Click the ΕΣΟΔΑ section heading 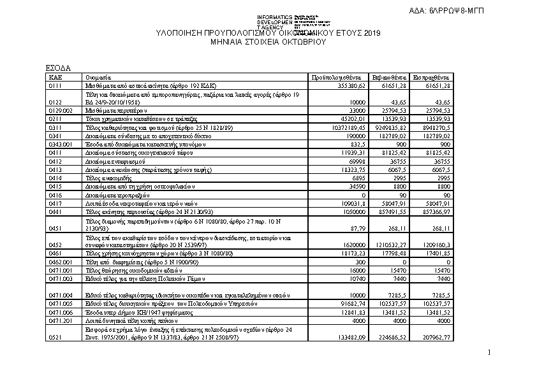[58, 68]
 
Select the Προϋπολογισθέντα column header [337, 76]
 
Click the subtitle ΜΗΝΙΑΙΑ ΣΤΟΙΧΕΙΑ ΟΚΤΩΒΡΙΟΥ [268, 42]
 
